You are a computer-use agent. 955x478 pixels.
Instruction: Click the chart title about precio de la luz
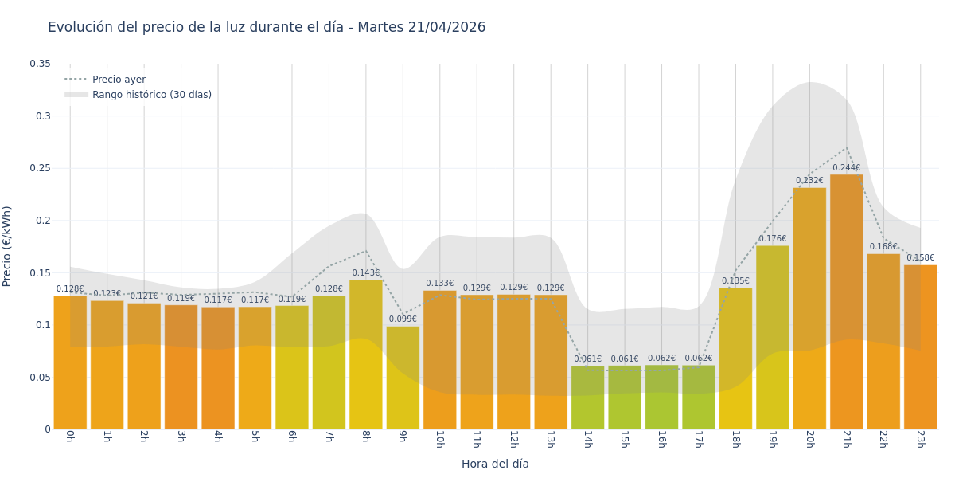point(267,28)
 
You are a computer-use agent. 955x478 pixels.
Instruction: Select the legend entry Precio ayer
point(119,80)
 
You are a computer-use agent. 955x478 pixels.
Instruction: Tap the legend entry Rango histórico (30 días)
point(151,95)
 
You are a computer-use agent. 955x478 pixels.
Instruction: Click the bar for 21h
point(846,303)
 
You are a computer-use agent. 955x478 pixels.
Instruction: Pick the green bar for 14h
point(587,398)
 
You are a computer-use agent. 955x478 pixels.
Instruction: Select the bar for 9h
point(403,378)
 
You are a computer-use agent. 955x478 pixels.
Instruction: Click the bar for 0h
point(70,362)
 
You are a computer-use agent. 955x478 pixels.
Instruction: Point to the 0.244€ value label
point(846,168)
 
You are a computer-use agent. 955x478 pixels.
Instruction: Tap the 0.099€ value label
point(403,319)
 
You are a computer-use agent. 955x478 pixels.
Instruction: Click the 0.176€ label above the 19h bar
point(772,239)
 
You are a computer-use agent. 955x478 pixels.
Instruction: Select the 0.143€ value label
point(366,273)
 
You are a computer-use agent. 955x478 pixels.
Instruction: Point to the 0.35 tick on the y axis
point(40,64)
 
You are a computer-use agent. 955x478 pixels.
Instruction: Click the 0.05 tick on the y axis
point(40,377)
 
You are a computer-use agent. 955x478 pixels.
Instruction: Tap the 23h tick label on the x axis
point(920,440)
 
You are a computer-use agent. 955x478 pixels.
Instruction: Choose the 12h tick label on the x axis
point(513,440)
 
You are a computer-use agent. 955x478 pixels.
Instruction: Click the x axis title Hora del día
point(495,464)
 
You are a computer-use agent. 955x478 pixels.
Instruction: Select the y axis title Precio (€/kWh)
point(7,246)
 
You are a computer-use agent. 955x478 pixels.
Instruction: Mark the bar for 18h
point(735,358)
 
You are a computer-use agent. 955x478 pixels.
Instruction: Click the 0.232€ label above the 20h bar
point(809,181)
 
